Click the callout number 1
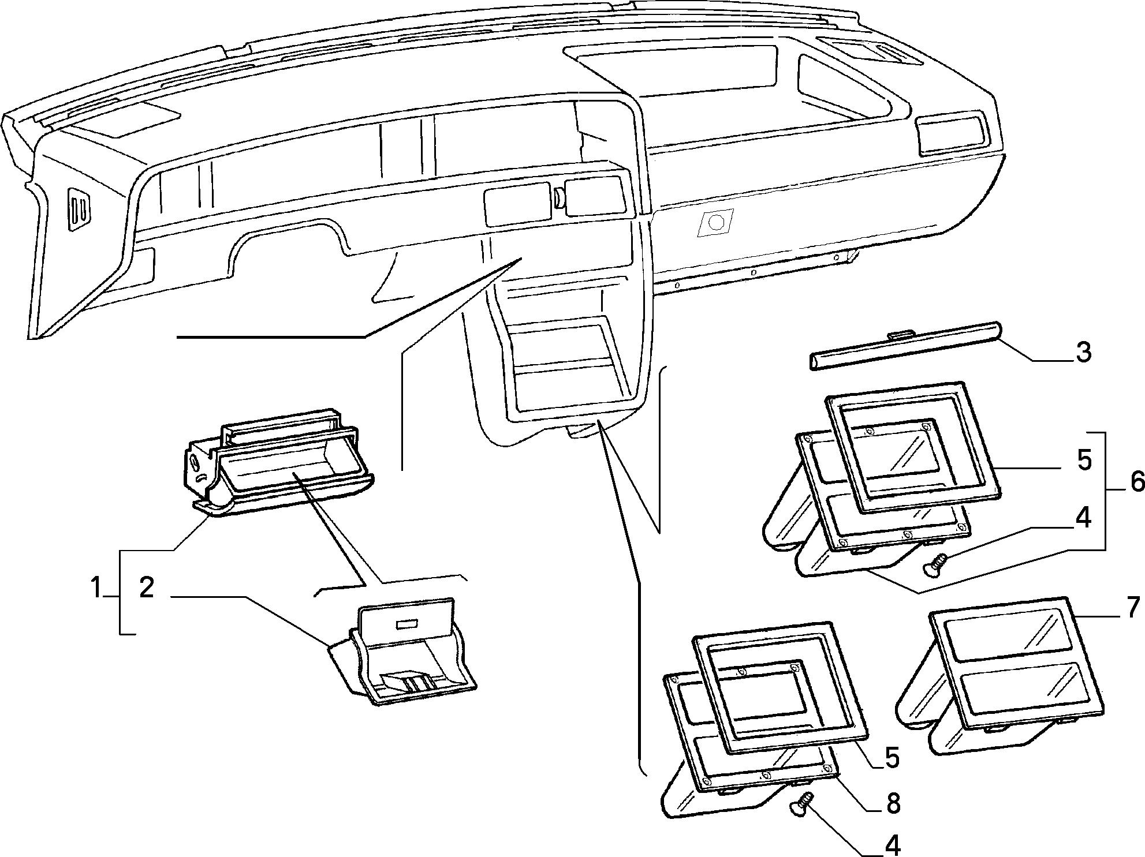pos(96,589)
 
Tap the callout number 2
pos(147,587)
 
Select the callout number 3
pos(1083,352)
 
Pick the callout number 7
pos(1133,607)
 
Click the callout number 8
pos(893,803)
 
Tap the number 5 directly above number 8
pos(892,758)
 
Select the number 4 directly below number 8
pos(893,846)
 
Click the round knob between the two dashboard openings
pos(559,198)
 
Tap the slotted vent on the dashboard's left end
pos(80,209)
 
